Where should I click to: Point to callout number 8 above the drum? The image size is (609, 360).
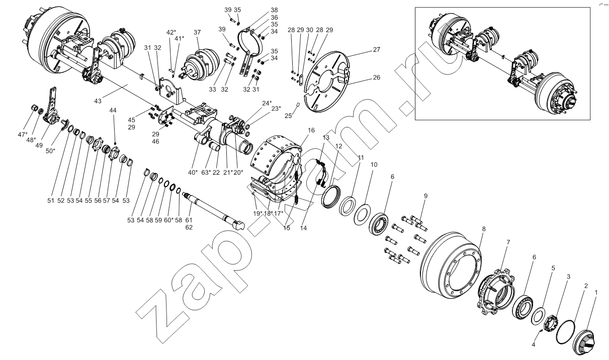pos(484,229)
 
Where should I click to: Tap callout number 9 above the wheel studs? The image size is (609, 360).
pos(425,196)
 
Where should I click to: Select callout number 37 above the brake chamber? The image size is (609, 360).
pos(198,32)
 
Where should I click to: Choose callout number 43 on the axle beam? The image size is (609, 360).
pos(98,101)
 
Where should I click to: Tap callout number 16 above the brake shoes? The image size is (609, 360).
pos(311,130)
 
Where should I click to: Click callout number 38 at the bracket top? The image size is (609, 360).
pos(274,10)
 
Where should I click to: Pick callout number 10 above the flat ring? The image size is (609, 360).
pos(374,165)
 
